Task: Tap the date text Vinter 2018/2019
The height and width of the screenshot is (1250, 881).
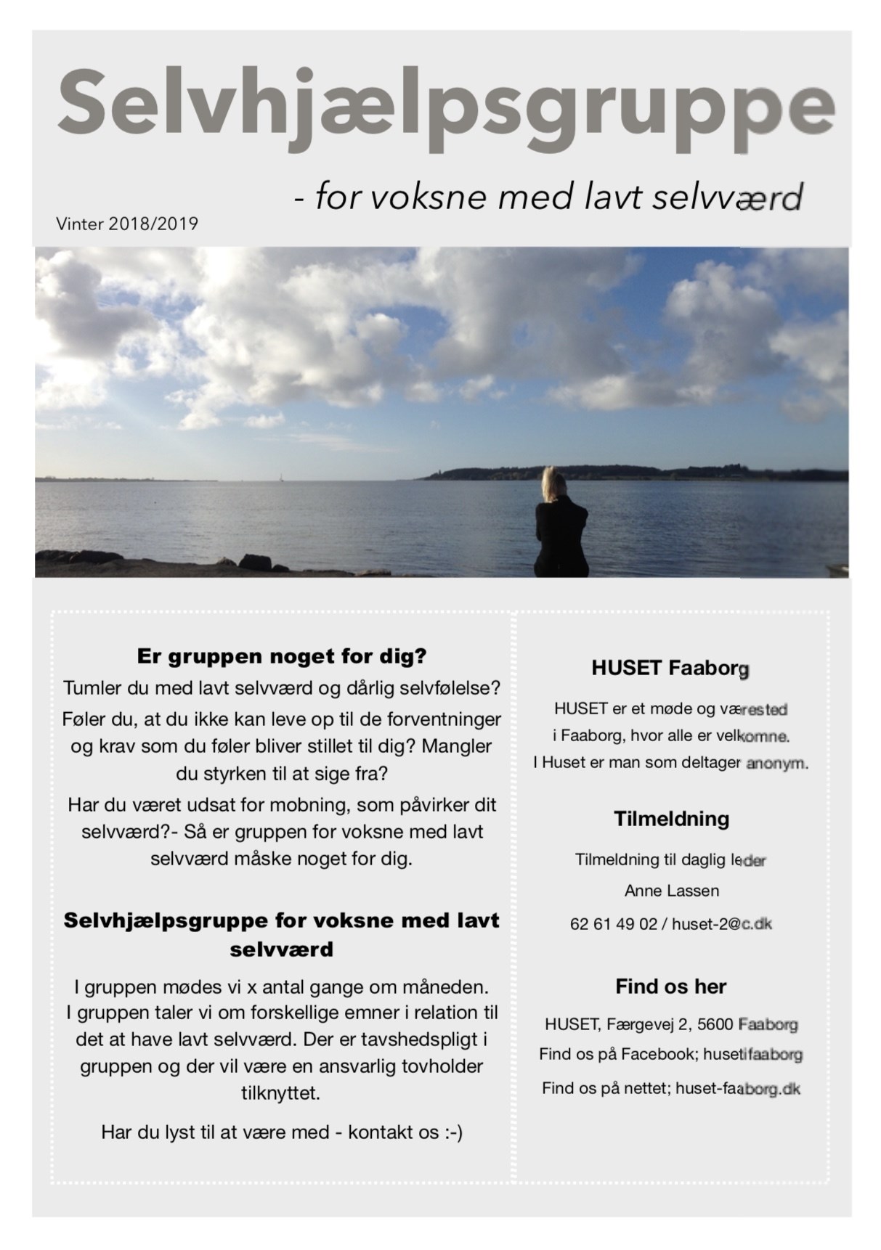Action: click(x=127, y=224)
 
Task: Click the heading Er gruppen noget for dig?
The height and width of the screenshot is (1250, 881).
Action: click(x=282, y=657)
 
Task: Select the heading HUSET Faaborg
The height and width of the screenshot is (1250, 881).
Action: click(x=670, y=668)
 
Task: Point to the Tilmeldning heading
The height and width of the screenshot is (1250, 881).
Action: click(x=671, y=819)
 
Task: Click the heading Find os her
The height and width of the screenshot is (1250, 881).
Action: click(x=670, y=986)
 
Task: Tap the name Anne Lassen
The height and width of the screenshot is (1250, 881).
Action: click(x=672, y=891)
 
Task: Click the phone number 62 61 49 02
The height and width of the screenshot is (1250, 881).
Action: click(x=614, y=924)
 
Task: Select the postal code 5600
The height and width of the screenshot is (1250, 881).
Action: click(x=715, y=1025)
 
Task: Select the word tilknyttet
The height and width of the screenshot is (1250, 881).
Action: click(x=280, y=1093)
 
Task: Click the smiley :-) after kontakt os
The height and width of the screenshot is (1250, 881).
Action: click(x=453, y=1132)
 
